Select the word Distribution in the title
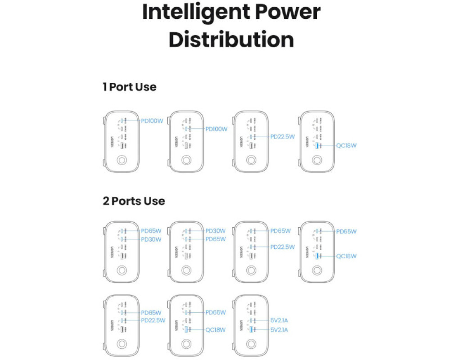[231, 40]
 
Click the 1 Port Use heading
[130, 87]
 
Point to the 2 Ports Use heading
[134, 201]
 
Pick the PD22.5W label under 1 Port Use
[283, 136]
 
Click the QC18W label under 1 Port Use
[346, 145]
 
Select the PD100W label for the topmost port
[152, 121]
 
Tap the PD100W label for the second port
[217, 129]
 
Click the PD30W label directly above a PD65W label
[216, 231]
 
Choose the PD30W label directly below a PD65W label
[151, 239]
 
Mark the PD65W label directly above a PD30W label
[151, 231]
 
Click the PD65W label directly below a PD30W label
[216, 239]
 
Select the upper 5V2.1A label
[279, 321]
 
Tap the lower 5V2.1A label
[279, 330]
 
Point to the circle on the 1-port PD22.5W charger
[251, 160]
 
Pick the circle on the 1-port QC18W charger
[316, 160]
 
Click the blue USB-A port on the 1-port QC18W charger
[317, 145]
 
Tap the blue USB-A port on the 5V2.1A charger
[251, 330]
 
